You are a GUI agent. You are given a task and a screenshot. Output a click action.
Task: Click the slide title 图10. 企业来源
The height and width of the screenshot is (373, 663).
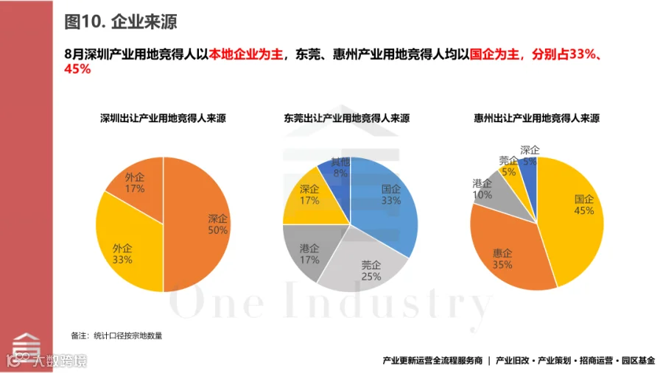pyautogui.click(x=121, y=21)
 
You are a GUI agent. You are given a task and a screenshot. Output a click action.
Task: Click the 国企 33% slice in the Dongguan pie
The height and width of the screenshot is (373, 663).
pyautogui.click(x=385, y=199)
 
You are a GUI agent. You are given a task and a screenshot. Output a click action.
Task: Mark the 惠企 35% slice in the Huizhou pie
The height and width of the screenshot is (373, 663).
pyautogui.click(x=508, y=254)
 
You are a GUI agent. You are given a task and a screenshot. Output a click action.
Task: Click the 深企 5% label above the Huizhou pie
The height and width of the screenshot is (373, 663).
pyautogui.click(x=530, y=156)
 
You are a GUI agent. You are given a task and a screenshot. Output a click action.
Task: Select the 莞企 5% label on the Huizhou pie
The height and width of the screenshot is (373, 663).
pyautogui.click(x=508, y=166)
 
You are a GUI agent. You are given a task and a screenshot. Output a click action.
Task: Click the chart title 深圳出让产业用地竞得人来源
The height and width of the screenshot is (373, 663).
pyautogui.click(x=163, y=118)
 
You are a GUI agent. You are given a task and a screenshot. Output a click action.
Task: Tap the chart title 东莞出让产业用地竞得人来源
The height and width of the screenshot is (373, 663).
pyautogui.click(x=347, y=118)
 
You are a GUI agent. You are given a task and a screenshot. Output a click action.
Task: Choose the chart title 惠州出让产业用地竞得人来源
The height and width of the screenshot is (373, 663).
pyautogui.click(x=536, y=118)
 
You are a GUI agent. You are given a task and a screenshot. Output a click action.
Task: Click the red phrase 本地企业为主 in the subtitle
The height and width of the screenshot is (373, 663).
pyautogui.click(x=245, y=54)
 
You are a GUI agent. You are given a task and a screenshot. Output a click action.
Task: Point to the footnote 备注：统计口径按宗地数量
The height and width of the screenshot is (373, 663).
pyautogui.click(x=116, y=335)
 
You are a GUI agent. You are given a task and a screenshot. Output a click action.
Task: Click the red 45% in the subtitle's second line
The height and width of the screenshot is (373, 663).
pyautogui.click(x=77, y=69)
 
